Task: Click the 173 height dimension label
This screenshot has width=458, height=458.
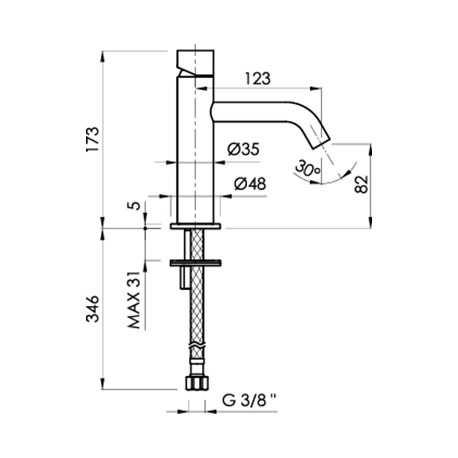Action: (x=93, y=139)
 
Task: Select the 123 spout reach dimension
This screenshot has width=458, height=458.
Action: (x=258, y=78)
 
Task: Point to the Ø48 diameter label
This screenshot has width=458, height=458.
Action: (x=250, y=184)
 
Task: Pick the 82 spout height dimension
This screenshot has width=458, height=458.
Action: (x=362, y=184)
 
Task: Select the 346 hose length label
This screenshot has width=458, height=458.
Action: (x=93, y=309)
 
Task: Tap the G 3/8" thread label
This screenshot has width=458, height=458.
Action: (x=249, y=400)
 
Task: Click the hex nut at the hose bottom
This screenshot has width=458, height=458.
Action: (x=197, y=382)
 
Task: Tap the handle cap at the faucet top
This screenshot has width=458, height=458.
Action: (x=195, y=63)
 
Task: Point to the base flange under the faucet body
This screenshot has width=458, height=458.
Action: (x=196, y=226)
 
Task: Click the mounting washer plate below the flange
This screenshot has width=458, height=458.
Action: (x=195, y=263)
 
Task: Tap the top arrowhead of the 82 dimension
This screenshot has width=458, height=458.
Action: (x=371, y=149)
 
